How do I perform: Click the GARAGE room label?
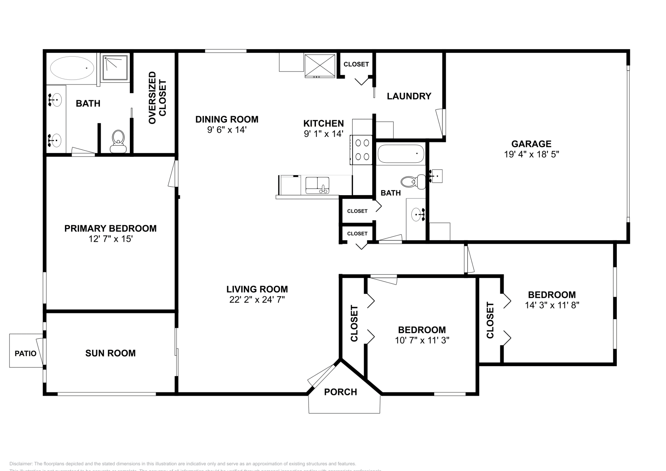click(531, 144)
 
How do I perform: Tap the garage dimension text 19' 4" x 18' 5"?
click(531, 154)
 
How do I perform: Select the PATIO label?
click(25, 354)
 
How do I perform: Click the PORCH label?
click(340, 392)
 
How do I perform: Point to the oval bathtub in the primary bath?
click(72, 68)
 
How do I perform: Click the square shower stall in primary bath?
click(115, 68)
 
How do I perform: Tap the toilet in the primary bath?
click(118, 141)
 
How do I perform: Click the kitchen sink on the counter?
click(317, 185)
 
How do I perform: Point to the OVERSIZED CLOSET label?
click(157, 97)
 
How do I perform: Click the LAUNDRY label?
click(409, 96)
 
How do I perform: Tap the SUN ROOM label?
click(110, 353)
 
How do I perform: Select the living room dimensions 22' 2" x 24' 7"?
click(257, 300)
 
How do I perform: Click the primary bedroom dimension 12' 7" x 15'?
click(110, 239)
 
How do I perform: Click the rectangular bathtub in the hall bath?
click(400, 154)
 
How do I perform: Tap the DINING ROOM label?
click(227, 119)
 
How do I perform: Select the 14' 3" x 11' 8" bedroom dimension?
click(552, 305)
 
